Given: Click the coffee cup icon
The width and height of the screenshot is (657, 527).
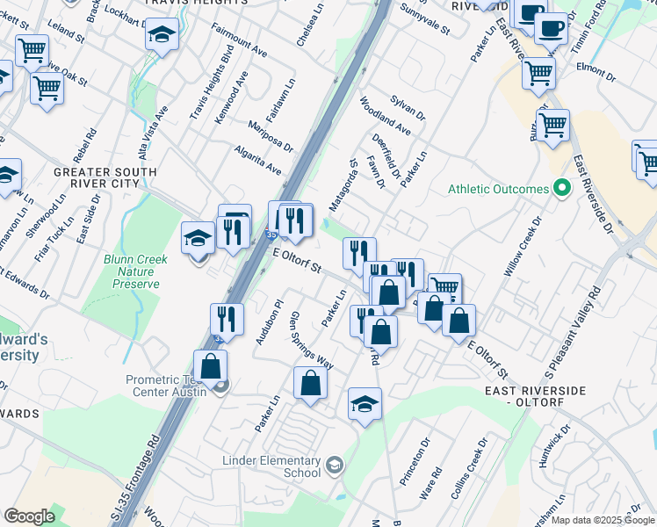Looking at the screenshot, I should pos(551,28).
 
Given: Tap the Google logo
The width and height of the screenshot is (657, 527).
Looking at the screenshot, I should pos(30,516).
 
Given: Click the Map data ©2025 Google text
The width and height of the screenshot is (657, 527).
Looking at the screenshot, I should pos(602,520).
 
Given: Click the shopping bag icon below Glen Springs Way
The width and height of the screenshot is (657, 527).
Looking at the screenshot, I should pos(310,382).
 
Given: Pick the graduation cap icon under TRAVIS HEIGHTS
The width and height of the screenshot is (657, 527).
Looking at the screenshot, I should pos(162,35).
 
